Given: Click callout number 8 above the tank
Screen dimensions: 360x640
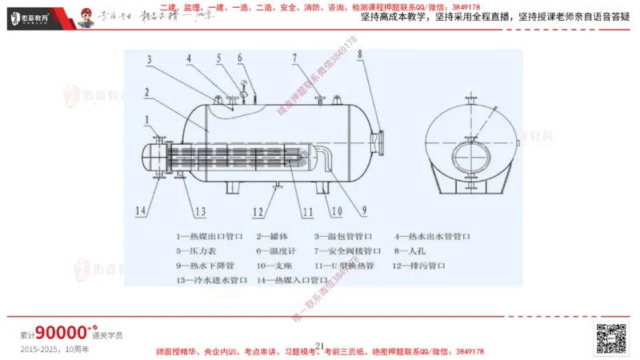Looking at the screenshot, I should pos(360,54).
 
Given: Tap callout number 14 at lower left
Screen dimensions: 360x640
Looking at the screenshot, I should pos(142,210).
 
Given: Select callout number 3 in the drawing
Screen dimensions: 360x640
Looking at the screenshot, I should pos(150,58).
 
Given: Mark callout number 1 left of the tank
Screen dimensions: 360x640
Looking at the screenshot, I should pos(147,119).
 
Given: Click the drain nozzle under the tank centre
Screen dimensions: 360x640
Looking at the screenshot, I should pos(276,187).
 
